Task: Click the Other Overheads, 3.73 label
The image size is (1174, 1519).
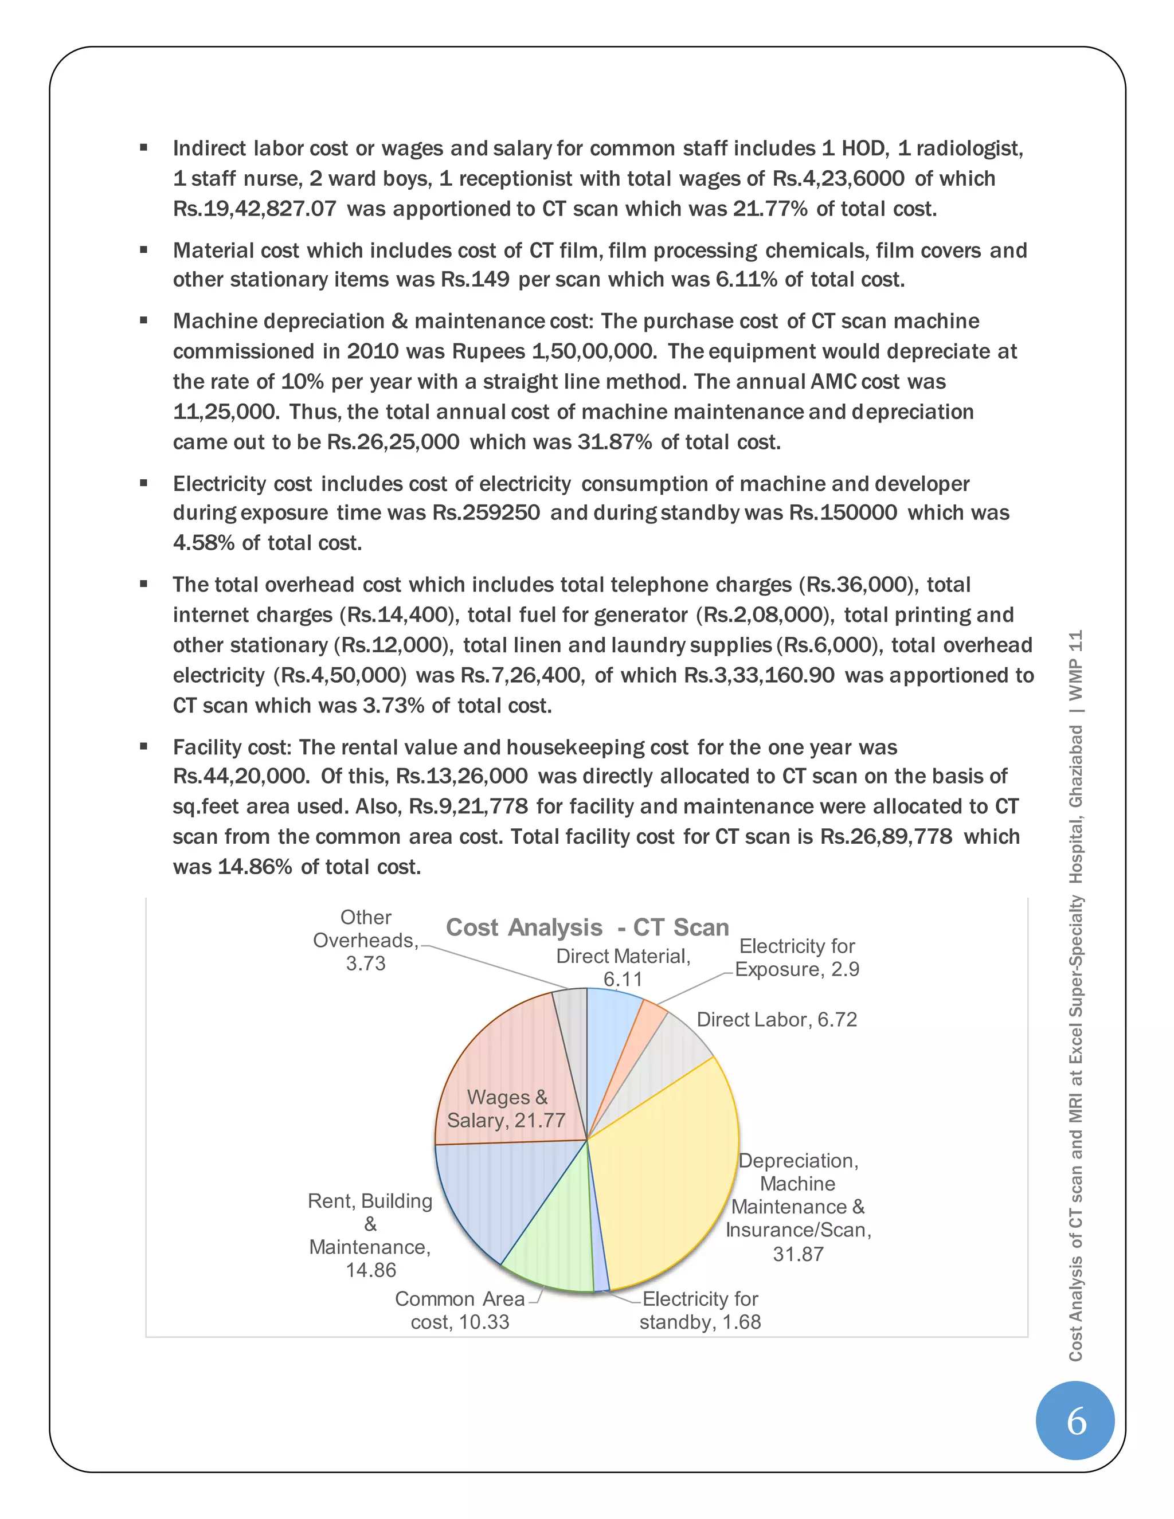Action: tap(366, 940)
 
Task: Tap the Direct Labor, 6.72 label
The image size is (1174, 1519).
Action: tap(776, 1020)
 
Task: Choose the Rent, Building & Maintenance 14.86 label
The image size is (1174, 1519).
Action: tap(370, 1235)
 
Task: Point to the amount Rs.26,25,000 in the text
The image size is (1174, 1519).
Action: tap(393, 443)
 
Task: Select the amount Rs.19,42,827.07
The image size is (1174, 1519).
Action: tap(255, 209)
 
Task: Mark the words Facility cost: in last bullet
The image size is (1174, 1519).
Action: tap(232, 747)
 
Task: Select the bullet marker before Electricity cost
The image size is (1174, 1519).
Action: tap(144, 483)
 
